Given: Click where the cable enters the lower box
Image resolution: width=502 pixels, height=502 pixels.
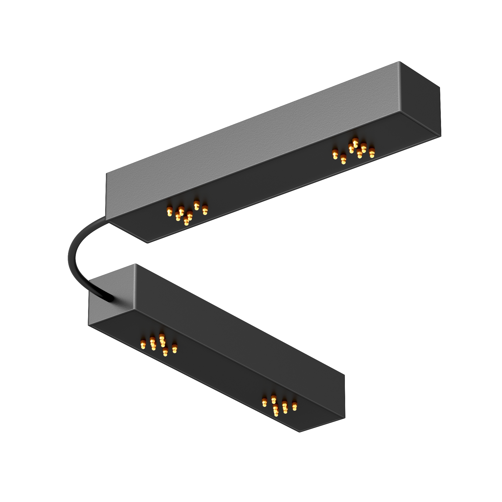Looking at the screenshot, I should point(111,298).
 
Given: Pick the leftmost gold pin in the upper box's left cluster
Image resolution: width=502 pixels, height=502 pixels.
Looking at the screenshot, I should point(169,211).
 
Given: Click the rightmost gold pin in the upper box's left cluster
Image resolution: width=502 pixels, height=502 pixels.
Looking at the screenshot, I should point(205,210).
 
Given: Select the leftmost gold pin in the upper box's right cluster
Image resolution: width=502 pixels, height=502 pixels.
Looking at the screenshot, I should point(335,154).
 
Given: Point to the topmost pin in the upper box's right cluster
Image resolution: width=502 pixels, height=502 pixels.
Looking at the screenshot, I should point(355,142).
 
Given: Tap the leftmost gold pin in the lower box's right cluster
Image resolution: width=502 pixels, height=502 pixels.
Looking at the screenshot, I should point(265,403).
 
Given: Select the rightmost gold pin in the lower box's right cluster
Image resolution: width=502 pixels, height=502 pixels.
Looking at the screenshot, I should point(294,406).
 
